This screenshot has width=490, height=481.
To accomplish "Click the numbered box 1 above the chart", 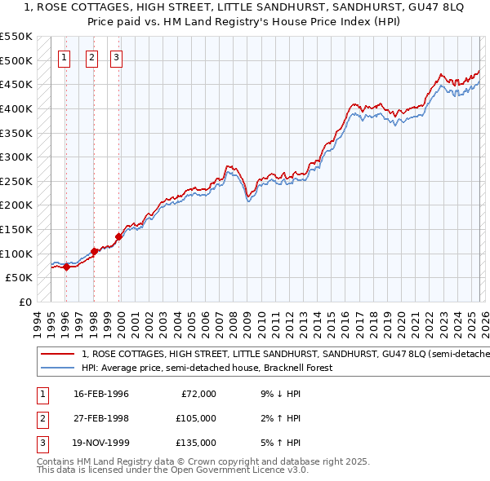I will pyautogui.click(x=65, y=57).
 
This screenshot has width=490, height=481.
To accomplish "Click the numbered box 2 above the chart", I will pyautogui.click(x=91, y=57).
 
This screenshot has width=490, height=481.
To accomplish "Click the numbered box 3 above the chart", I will pyautogui.click(x=117, y=57).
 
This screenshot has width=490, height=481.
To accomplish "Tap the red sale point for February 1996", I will pyautogui.click(x=66, y=267).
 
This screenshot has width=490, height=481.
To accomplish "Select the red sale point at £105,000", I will pyautogui.click(x=94, y=251).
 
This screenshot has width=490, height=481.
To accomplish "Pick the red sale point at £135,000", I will pyautogui.click(x=118, y=236).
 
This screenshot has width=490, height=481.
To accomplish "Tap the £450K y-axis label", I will pyautogui.click(x=16, y=84).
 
